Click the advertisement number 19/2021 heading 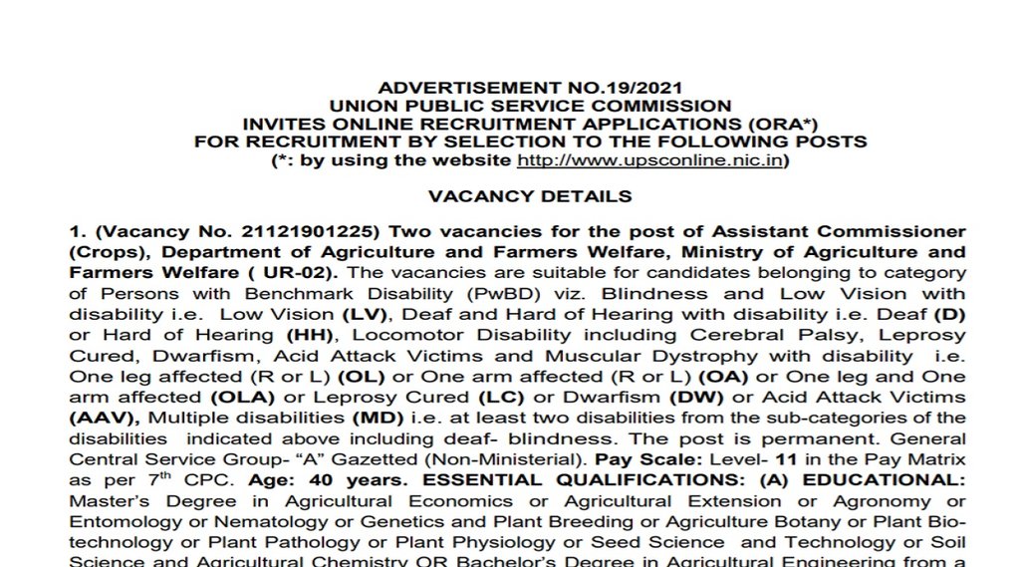(x=530, y=88)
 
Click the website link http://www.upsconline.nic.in (x=652, y=159)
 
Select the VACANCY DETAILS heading (x=530, y=196)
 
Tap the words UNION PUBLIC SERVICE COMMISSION (x=530, y=106)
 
